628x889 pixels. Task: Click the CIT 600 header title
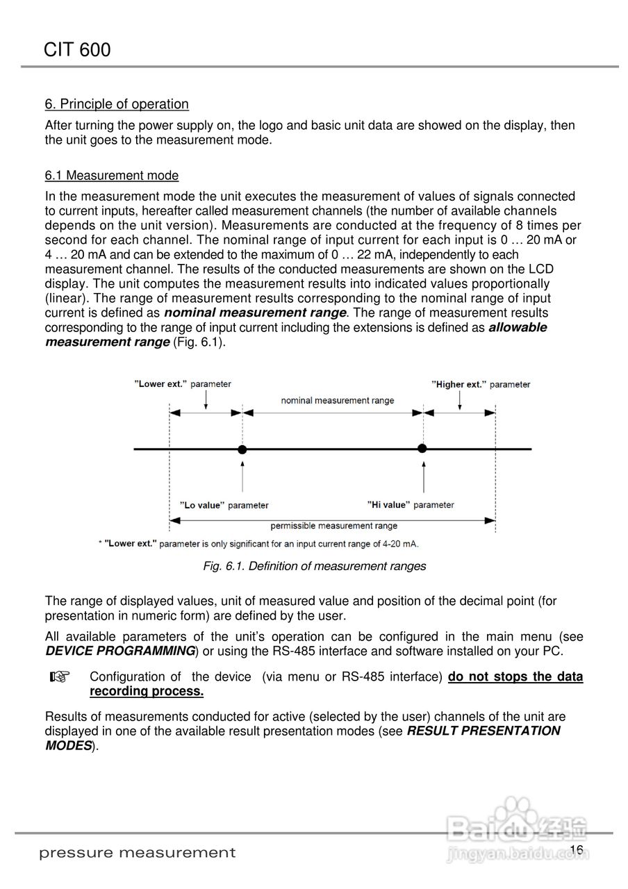76,49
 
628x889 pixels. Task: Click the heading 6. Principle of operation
117,104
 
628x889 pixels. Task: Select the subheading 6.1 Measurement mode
112,175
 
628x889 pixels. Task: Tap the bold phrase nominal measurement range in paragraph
255,313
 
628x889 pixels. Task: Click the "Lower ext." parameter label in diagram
183,384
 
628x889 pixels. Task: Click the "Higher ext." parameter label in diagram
480,384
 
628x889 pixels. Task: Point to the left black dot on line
242,450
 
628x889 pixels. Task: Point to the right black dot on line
422,448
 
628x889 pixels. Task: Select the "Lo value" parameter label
224,505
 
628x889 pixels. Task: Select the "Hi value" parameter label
411,504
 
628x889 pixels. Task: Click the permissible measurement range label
333,526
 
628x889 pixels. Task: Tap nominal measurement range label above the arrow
337,400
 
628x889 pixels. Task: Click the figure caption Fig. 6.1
314,566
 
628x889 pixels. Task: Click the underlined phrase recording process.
146,691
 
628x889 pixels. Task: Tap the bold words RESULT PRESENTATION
484,731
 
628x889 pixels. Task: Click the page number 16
575,850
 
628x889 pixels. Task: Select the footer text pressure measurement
137,852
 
